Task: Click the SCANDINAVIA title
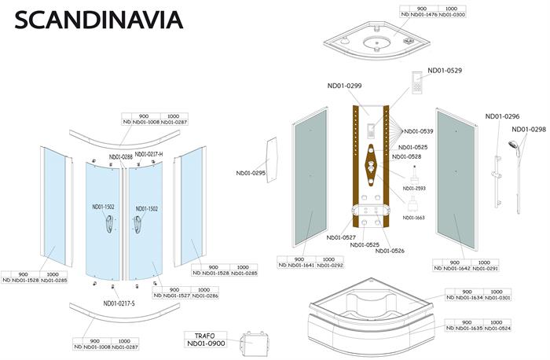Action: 98,19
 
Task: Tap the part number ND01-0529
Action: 445,71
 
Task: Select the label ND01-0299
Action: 344,86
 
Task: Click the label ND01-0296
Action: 502,116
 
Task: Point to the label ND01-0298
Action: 529,130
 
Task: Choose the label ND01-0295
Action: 251,173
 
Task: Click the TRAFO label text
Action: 204,335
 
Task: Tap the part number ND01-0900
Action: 205,344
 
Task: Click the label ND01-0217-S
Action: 119,303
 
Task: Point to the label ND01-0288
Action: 120,156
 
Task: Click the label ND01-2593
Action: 414,189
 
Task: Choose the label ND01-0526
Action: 390,251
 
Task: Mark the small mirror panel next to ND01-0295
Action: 273,160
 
